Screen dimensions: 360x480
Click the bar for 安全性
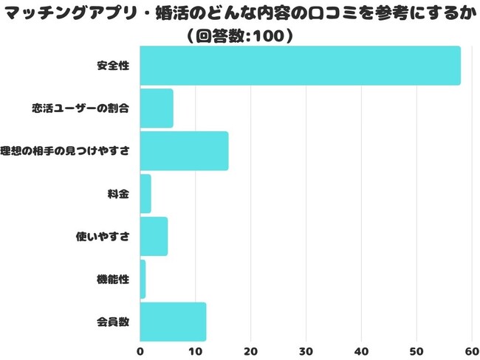tap(300, 66)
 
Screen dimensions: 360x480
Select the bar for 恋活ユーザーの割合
tap(157, 108)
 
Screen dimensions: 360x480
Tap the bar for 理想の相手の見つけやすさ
tap(184, 151)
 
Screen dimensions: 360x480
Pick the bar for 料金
tap(145, 194)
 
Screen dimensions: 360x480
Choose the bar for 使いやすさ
tap(154, 236)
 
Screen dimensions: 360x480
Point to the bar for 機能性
tap(143, 279)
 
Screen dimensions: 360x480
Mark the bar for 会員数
tap(173, 322)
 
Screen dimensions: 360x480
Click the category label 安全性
tap(113, 66)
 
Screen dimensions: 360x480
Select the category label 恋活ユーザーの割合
tap(80, 108)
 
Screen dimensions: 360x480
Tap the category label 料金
tap(118, 194)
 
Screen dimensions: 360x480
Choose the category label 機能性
tap(113, 280)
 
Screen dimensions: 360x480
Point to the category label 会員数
tap(113, 322)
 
